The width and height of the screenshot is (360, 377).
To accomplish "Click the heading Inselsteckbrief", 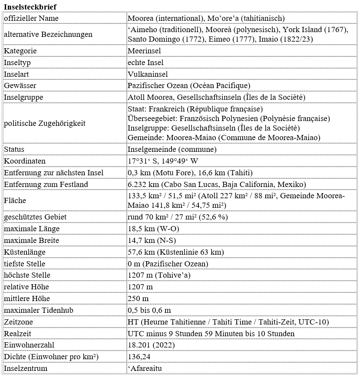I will coord(30,7).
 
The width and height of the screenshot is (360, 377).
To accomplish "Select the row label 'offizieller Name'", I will coord(31,18).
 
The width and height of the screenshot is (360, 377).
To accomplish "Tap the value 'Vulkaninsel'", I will coord(147,74).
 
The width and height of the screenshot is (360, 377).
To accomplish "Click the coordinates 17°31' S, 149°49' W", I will coord(163,161).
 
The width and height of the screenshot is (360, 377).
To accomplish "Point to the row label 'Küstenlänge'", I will coord(25,252).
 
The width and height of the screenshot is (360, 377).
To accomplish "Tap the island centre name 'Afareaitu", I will coord(146,368).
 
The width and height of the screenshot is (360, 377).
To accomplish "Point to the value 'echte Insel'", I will coord(145,62).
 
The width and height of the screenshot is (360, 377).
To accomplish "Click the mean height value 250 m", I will coord(138,298).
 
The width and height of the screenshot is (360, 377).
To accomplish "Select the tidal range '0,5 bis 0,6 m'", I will coord(149,310).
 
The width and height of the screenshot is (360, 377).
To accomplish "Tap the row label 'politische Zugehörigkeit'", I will coord(45,123).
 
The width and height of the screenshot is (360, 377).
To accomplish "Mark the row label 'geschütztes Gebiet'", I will coord(35,217).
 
